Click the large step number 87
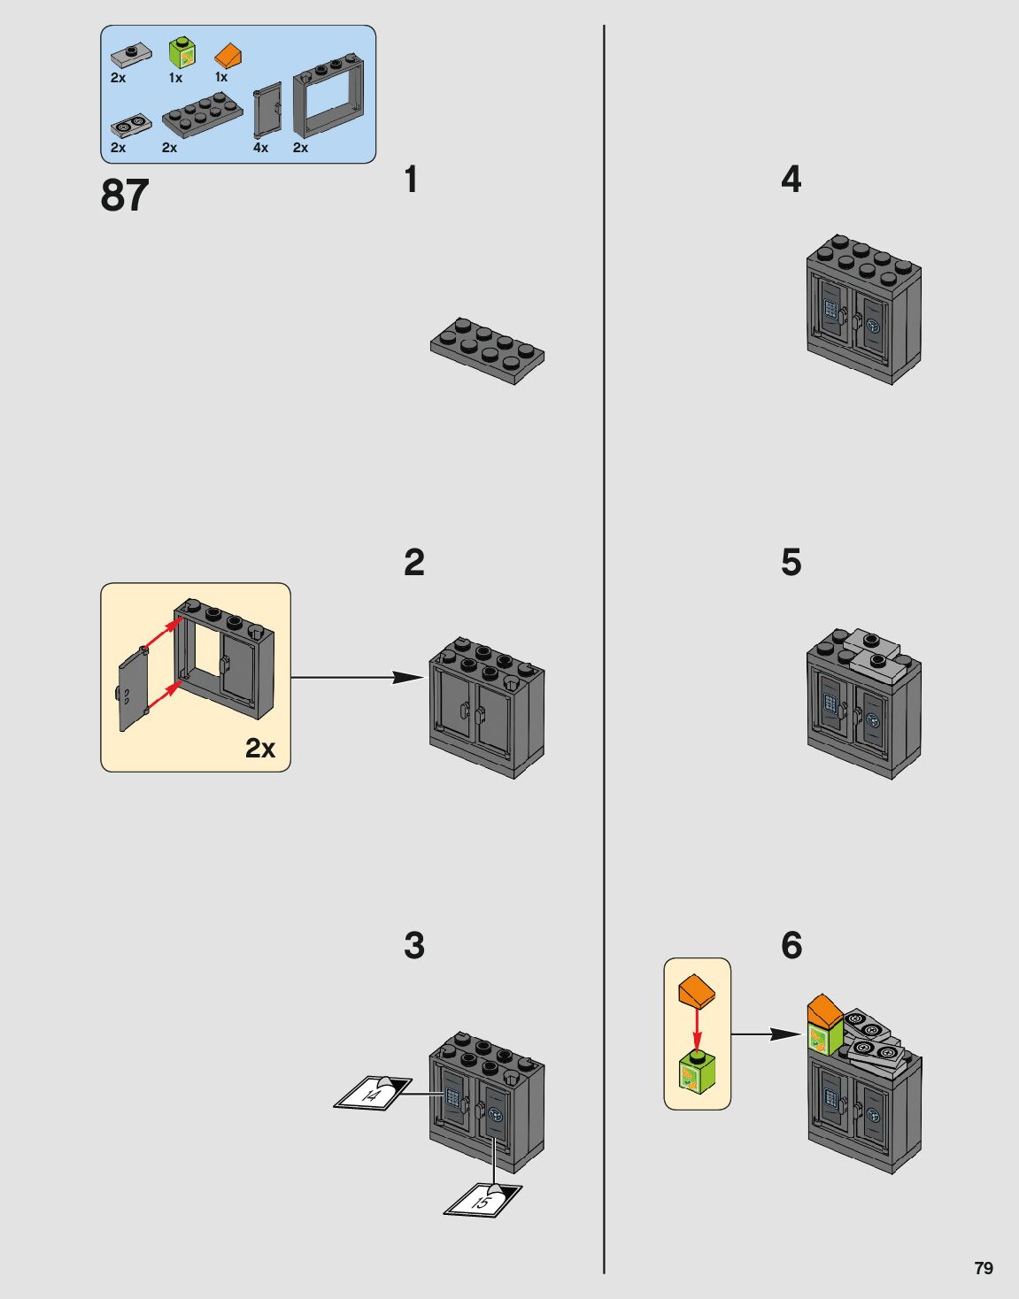click(x=125, y=195)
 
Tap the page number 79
click(x=983, y=1267)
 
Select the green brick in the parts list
click(x=181, y=53)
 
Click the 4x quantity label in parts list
click(x=260, y=148)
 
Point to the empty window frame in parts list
click(x=328, y=99)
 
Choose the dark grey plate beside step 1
click(x=487, y=350)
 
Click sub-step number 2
click(x=413, y=563)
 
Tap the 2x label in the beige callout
click(x=260, y=749)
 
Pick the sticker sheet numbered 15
click(x=482, y=1201)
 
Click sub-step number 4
click(x=791, y=180)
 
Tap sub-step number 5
click(x=791, y=563)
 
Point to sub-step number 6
click(x=791, y=946)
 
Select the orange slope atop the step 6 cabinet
click(x=824, y=1010)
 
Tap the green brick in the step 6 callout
click(x=698, y=1072)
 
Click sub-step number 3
click(x=413, y=946)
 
